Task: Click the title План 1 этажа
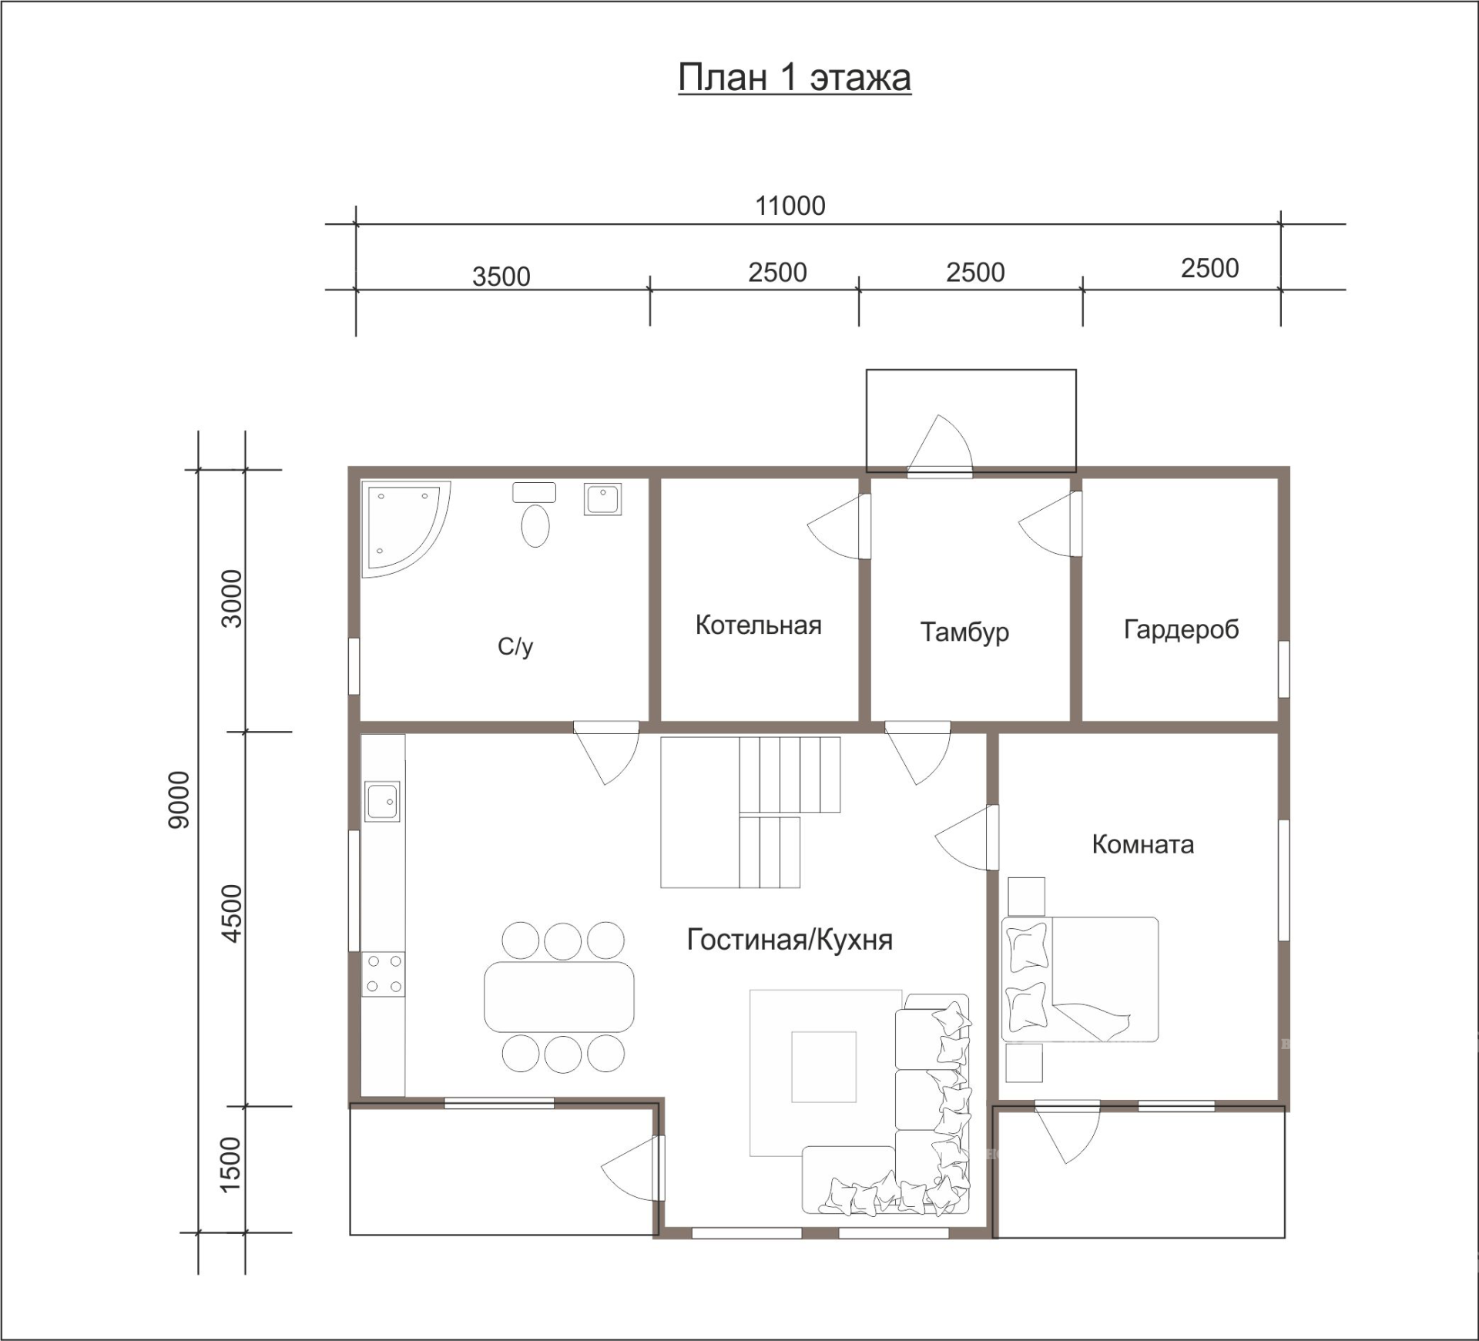(794, 78)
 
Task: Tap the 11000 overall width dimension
(790, 206)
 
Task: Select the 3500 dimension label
(501, 277)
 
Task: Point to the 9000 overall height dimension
(179, 800)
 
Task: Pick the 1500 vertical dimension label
(230, 1165)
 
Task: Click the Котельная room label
(759, 625)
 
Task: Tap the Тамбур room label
(964, 632)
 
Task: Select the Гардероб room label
(1182, 630)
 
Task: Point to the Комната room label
(1143, 845)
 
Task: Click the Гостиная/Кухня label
(790, 940)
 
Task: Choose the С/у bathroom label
(515, 646)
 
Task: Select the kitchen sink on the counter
(382, 802)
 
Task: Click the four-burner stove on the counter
(384, 974)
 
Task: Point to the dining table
(559, 997)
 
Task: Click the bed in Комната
(1080, 979)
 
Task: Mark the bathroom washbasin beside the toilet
(602, 499)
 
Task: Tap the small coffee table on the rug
(824, 1067)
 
